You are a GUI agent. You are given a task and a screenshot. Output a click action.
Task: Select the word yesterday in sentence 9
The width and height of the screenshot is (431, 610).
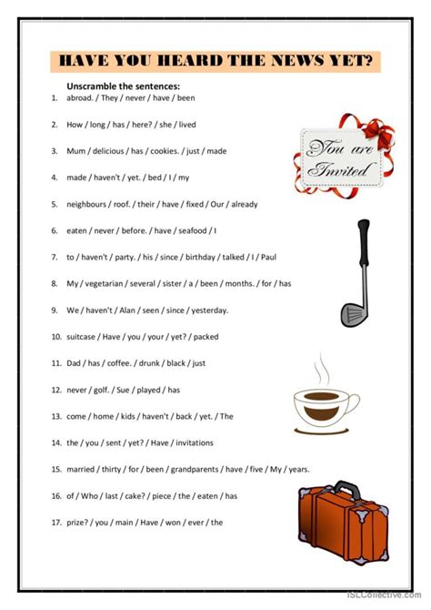tap(209, 310)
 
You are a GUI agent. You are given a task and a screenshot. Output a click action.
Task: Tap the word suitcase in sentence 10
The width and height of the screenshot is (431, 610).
tap(81, 337)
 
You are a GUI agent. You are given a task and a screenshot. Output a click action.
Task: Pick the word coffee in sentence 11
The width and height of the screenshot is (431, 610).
tap(119, 363)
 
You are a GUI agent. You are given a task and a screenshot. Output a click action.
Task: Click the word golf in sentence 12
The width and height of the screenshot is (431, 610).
tap(102, 391)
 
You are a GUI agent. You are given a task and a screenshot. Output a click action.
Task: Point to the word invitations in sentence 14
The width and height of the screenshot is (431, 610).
tap(195, 443)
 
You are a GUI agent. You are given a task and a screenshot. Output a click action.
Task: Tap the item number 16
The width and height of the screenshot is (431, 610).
tap(56, 496)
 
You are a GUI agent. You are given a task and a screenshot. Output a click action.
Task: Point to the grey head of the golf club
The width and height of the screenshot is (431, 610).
tap(350, 314)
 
